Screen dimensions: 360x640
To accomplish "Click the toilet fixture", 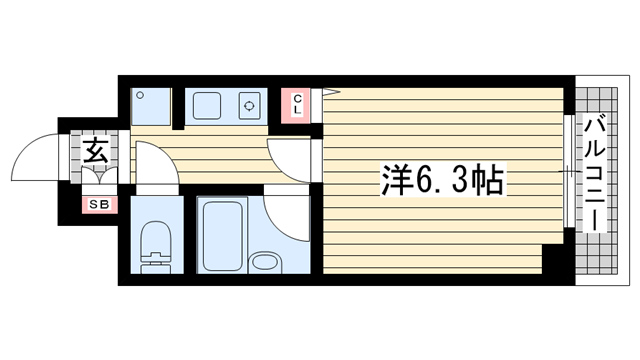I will tap(155, 245).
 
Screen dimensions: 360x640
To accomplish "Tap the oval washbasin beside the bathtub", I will tap(265, 263).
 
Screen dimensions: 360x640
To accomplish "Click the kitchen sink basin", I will tap(210, 104).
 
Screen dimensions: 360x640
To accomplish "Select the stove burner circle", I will tap(248, 104).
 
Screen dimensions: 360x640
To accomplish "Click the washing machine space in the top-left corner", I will tap(151, 105).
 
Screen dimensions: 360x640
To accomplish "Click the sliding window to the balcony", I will tap(567, 174).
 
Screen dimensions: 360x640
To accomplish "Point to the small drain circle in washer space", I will tap(140, 96).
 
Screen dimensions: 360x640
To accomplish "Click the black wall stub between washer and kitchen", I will tap(179, 110).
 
